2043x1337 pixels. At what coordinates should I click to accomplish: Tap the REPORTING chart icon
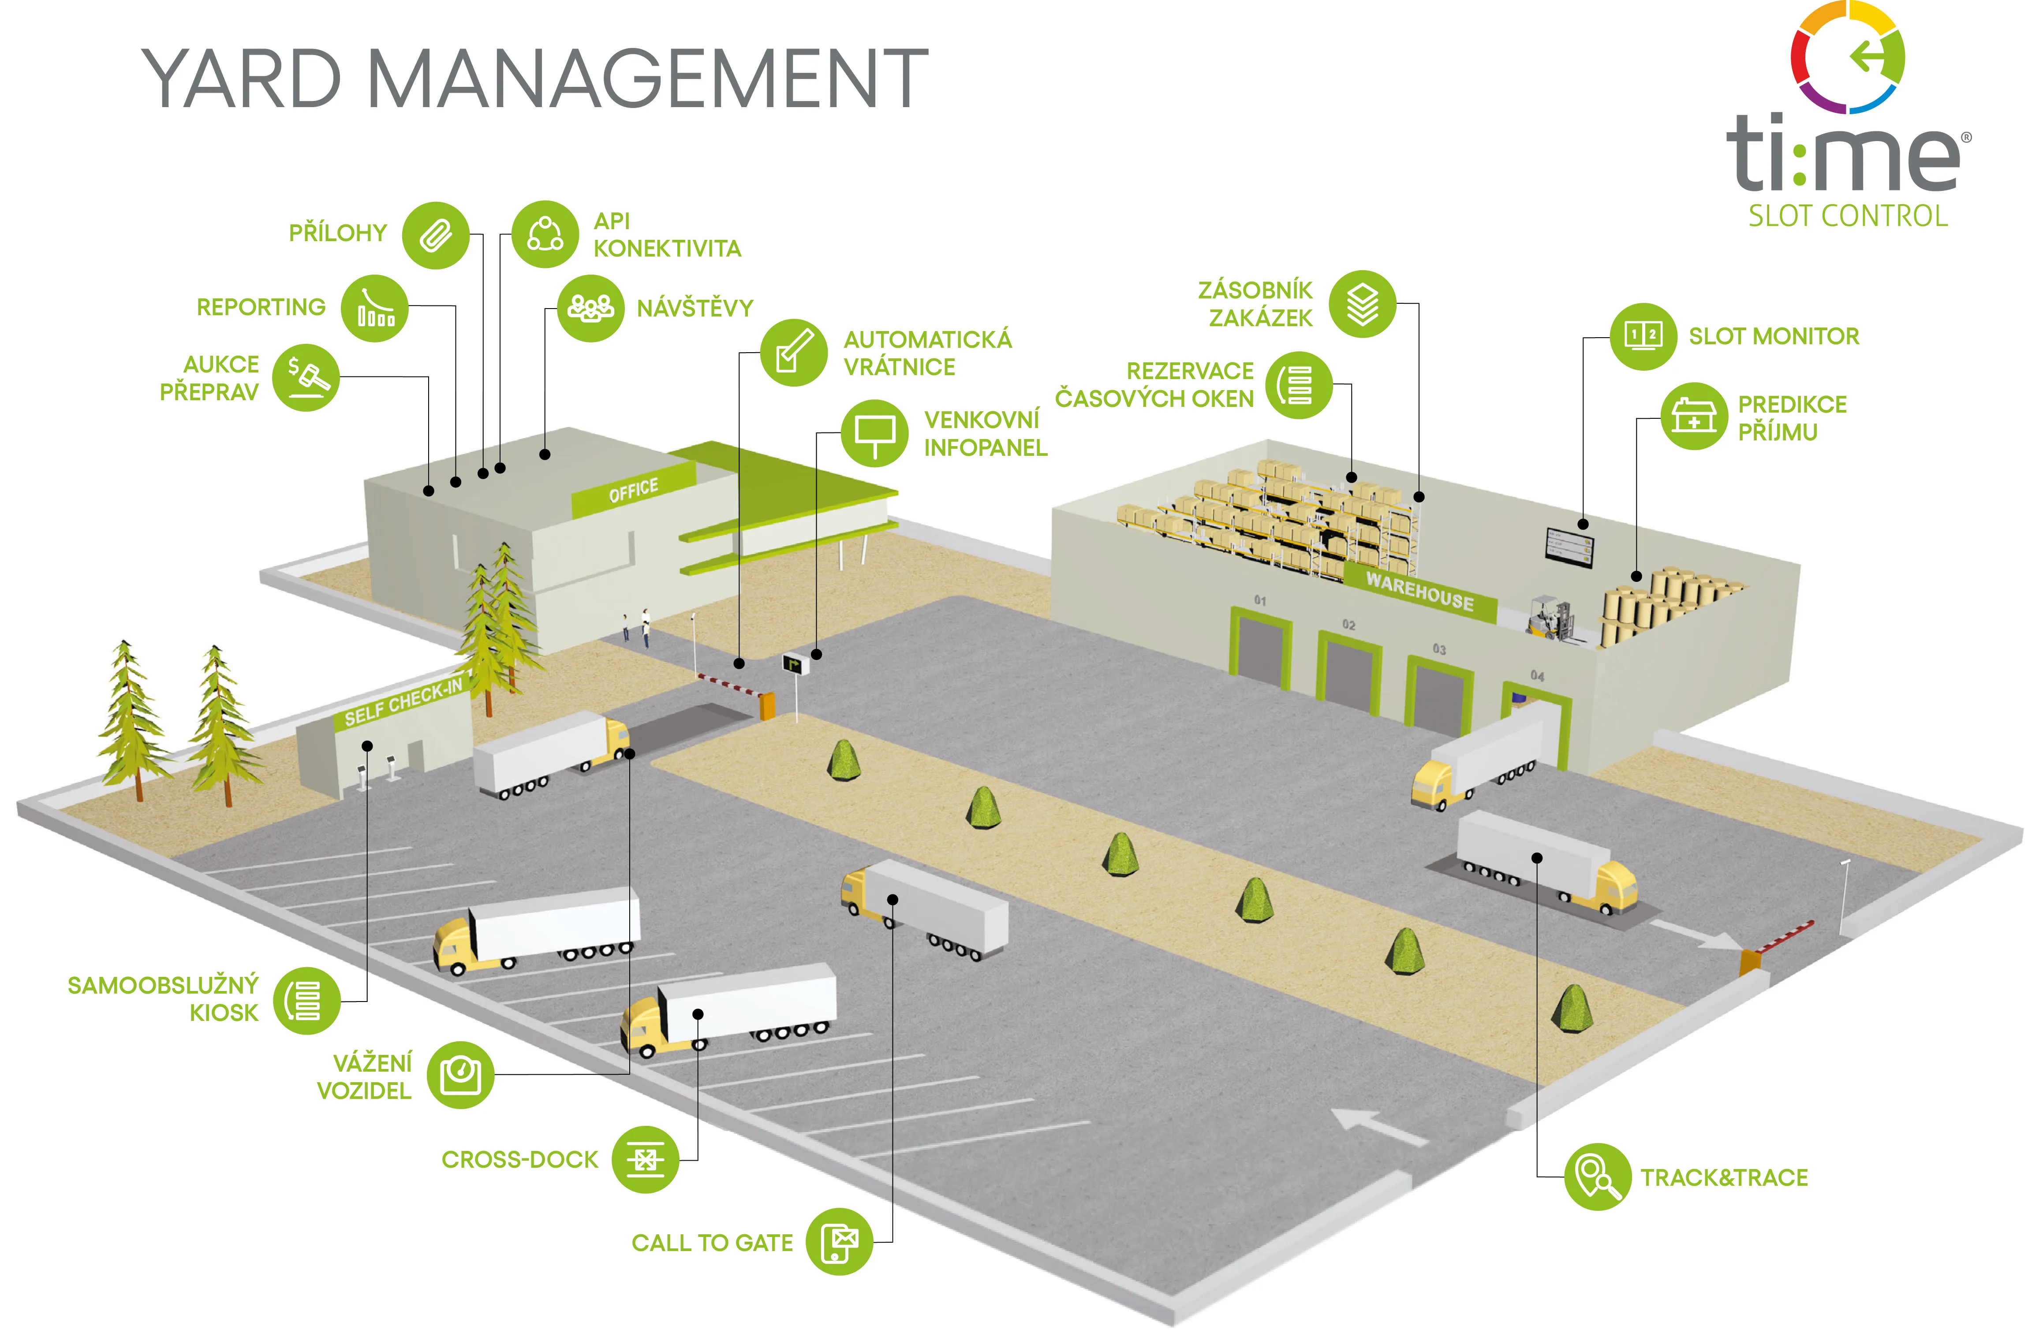pos(374,309)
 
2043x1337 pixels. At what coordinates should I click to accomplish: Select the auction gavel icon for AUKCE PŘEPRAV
pos(306,378)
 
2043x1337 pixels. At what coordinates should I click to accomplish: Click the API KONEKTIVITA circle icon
pos(545,234)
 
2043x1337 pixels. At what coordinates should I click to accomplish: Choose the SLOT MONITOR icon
pos(1642,336)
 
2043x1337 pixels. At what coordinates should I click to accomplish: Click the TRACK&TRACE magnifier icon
pos(1597,1177)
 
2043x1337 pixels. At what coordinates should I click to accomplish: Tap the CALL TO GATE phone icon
pos(839,1242)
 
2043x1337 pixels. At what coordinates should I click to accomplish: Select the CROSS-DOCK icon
pos(645,1159)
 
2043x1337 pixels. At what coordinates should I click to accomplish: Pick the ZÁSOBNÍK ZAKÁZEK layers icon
pos(1362,304)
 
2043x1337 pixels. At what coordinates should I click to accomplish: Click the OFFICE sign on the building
pos(634,491)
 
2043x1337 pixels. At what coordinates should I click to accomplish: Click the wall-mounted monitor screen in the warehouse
pos(1569,547)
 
